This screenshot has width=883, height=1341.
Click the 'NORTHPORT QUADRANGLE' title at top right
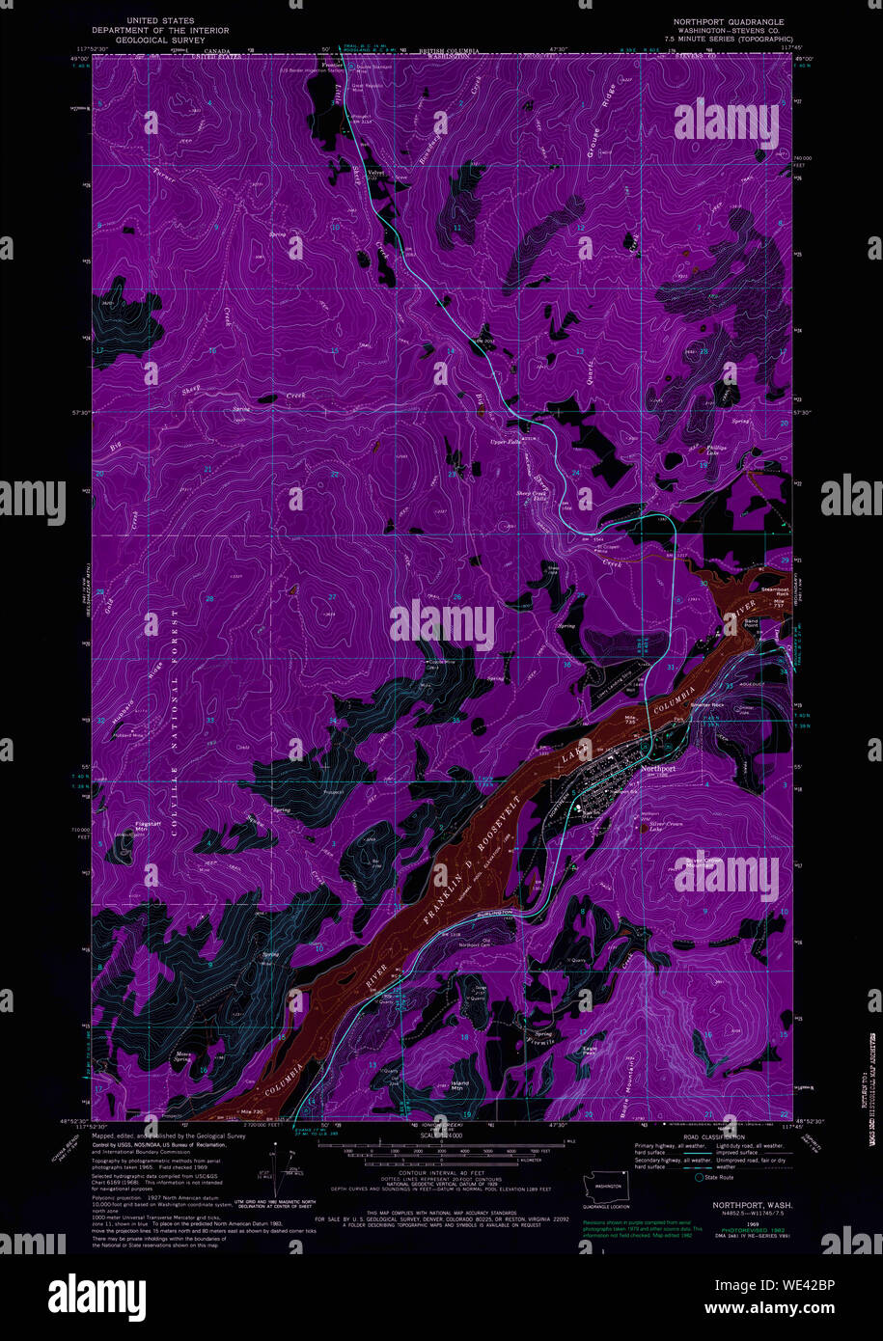point(729,21)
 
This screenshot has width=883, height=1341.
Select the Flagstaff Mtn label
point(122,827)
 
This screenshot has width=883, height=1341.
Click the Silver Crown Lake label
point(657,826)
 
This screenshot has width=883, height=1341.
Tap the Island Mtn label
point(460,1084)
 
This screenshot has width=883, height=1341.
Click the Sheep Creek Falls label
point(533,495)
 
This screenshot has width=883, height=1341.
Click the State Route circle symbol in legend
point(698,1178)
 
